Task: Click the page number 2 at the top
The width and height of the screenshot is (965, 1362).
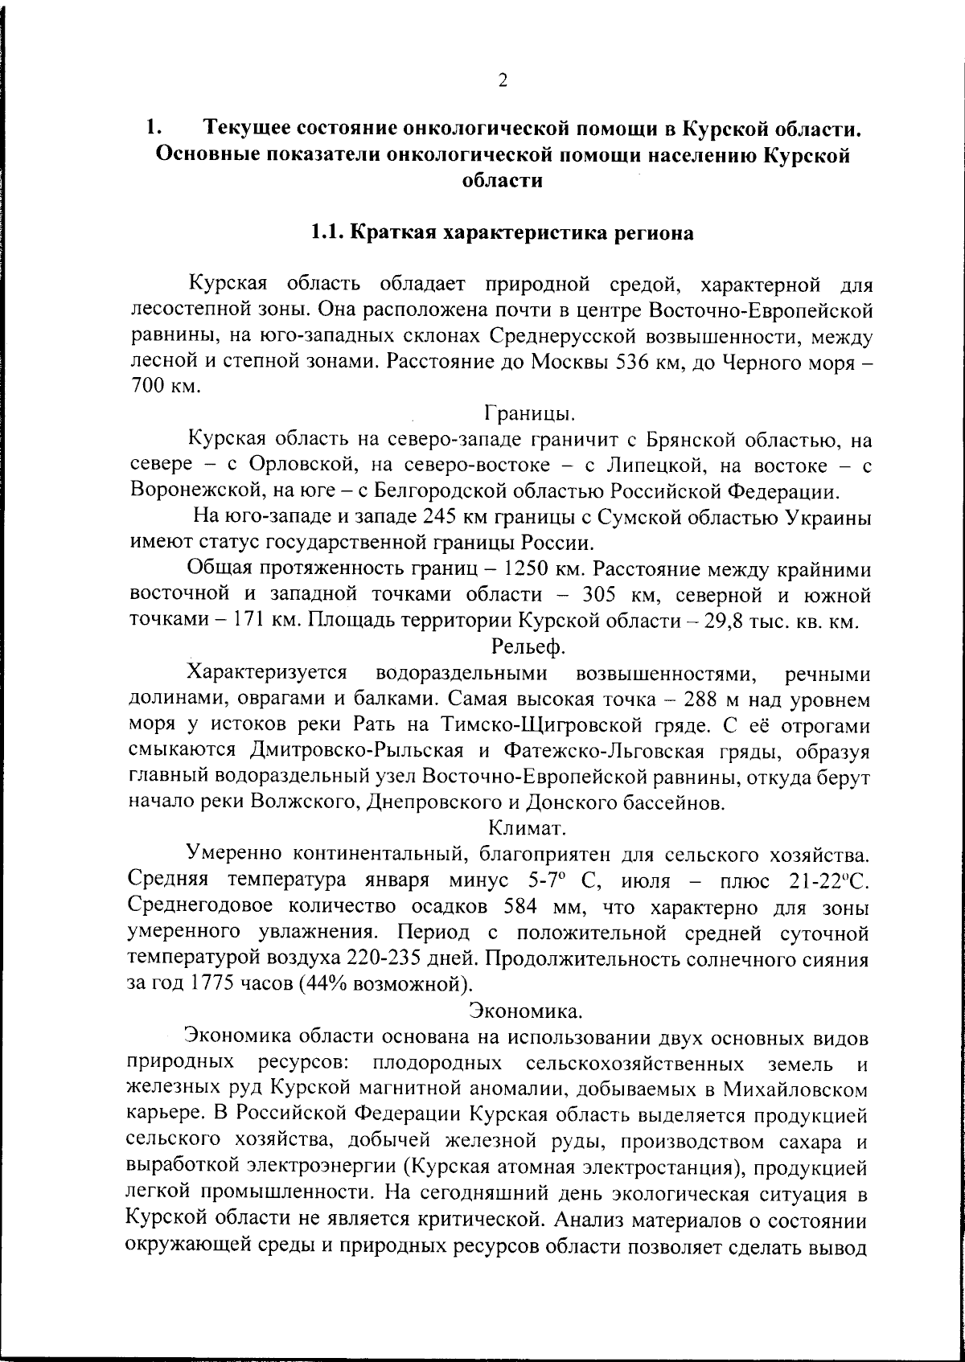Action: [x=503, y=80]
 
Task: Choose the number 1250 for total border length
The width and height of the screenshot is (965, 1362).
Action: [x=528, y=569]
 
